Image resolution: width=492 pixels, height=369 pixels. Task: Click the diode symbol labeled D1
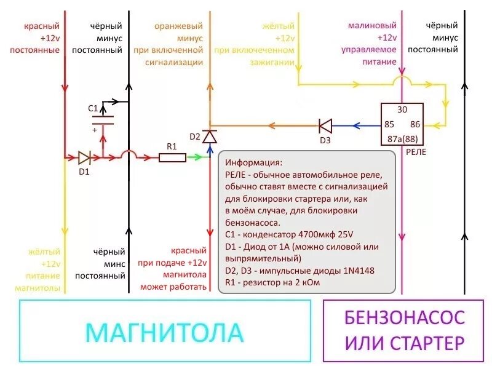tap(84, 157)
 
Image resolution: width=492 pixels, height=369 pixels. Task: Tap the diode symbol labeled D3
tap(325, 125)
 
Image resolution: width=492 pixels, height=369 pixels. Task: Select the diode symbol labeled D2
tap(210, 136)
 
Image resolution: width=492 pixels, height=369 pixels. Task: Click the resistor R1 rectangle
tap(172, 157)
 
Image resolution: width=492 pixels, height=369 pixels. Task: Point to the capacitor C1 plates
tap(102, 119)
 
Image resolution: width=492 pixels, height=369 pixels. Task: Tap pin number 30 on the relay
tap(402, 109)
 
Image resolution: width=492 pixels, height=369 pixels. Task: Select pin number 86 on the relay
tap(416, 124)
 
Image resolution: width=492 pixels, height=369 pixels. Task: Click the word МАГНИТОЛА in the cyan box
tap(164, 333)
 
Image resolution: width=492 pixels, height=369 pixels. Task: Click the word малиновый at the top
tap(372, 26)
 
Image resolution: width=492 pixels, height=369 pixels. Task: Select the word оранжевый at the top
tap(178, 26)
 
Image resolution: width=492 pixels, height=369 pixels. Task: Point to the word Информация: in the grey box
tap(254, 163)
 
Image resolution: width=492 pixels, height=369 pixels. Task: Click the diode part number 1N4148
tap(352, 271)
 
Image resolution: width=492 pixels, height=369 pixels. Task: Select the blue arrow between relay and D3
tap(357, 125)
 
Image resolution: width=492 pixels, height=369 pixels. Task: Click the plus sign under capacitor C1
tap(95, 130)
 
